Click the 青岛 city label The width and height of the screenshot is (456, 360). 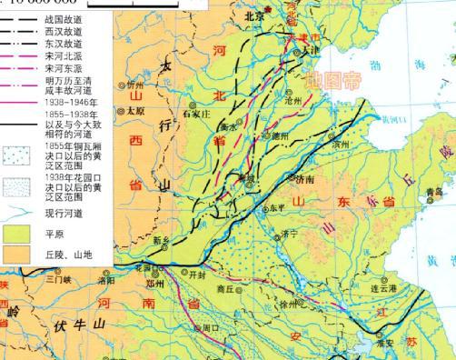(x=432, y=193)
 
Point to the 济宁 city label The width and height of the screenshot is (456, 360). (x=290, y=234)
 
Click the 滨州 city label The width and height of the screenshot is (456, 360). (x=341, y=145)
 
